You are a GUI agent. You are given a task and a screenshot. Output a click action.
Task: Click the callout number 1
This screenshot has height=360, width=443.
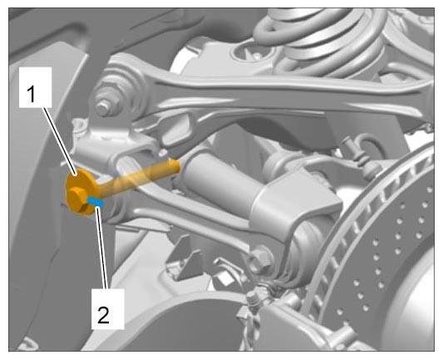32,95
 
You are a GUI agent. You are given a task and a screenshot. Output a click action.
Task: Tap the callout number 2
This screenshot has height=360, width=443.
103,315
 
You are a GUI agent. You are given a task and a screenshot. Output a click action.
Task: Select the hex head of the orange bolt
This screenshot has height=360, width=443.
76,198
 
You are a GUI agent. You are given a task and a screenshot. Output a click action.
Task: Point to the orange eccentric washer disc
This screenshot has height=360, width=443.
81,192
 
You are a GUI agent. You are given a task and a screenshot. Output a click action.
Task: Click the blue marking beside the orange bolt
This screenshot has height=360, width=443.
96,201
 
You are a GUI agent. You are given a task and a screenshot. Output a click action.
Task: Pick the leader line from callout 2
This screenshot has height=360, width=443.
102,247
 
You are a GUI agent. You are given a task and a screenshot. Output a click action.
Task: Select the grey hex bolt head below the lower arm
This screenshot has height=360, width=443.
262,258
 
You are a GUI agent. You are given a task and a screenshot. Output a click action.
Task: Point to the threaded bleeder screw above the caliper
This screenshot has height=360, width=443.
253,299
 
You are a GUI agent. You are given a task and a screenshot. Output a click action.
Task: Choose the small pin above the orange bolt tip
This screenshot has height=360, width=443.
163,153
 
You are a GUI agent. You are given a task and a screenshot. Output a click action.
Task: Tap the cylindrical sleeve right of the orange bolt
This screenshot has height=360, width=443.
224,181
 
